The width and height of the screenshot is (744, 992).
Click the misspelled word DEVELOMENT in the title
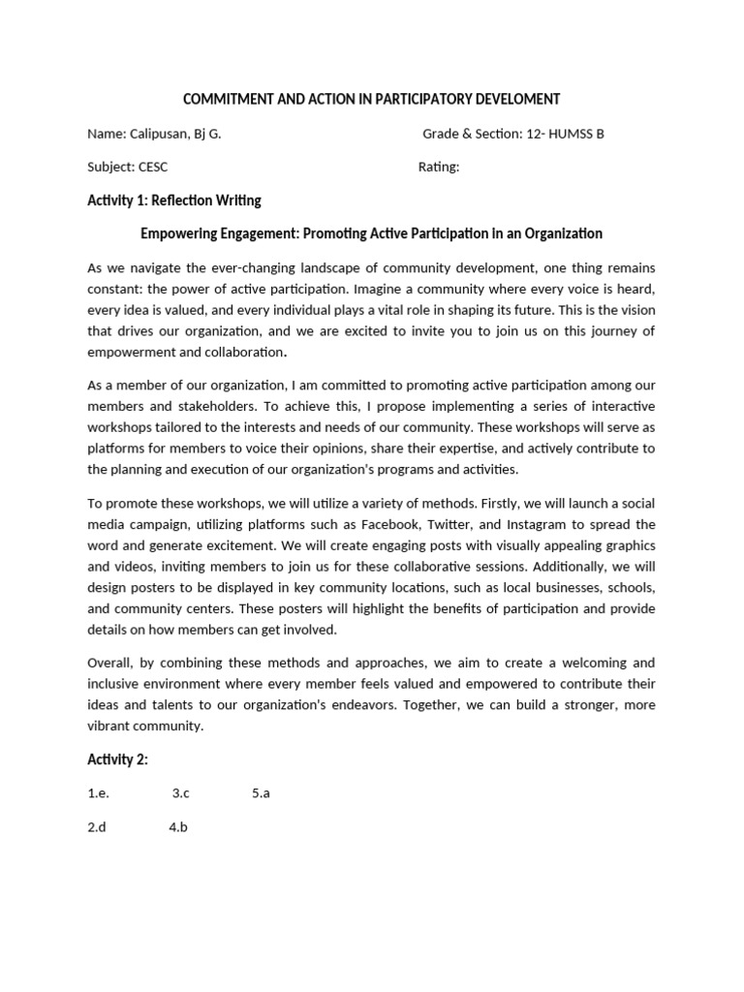516,99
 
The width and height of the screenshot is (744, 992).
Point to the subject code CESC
153,167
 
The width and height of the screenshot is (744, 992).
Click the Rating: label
439,167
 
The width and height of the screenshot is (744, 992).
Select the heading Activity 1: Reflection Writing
174,201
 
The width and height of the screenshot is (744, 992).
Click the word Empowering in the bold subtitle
179,233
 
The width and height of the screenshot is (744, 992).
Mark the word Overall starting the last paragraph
111,663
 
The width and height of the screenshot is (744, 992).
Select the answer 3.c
181,793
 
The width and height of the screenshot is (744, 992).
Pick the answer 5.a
261,793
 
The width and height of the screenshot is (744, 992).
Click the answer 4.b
177,827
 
